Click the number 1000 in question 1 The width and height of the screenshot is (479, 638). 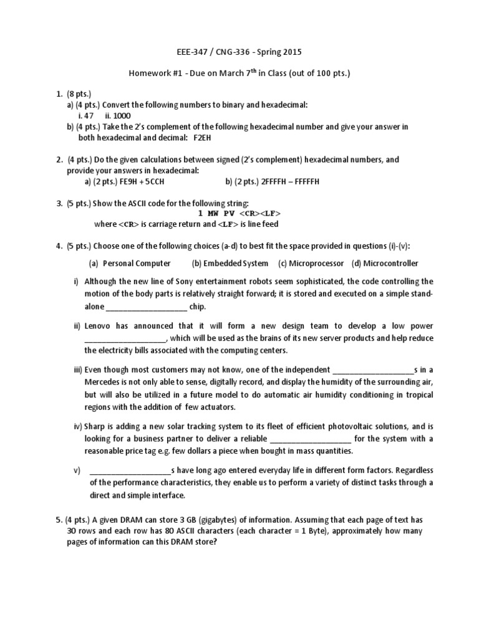pos(123,115)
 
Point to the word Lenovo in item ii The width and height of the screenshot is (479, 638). pos(100,326)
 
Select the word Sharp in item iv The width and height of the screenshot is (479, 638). pos(97,426)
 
